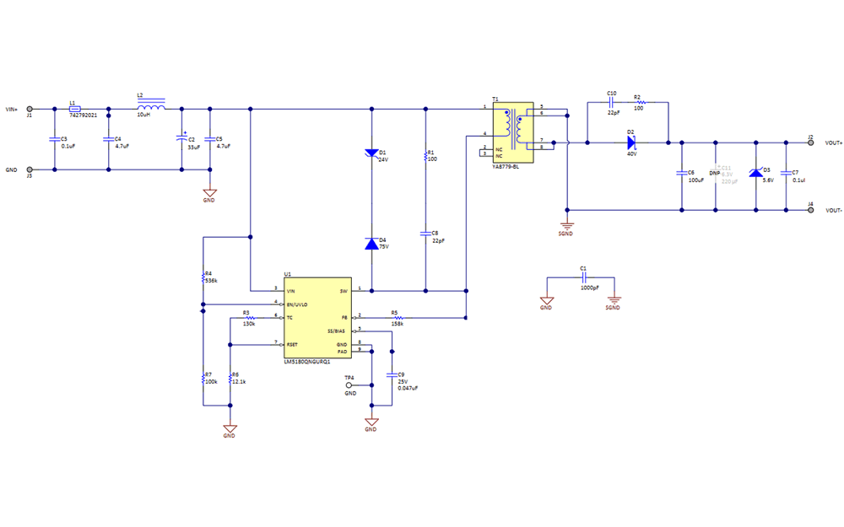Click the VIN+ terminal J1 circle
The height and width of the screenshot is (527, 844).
[30, 109]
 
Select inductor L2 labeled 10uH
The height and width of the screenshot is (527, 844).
[150, 108]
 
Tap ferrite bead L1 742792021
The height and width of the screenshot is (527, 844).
[75, 109]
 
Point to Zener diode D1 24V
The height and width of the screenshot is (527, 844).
[371, 153]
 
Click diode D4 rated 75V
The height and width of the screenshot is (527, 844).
[371, 244]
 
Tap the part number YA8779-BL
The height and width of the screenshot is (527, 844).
[506, 167]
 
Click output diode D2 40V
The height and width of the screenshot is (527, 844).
[630, 143]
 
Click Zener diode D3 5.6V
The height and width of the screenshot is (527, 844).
[756, 173]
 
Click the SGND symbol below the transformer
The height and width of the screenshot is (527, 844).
[566, 225]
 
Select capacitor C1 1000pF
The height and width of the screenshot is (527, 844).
[582, 277]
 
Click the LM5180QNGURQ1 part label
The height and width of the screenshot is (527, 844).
[307, 361]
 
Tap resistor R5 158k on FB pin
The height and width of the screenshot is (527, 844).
[395, 318]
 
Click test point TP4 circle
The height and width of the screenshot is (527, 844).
[349, 385]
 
